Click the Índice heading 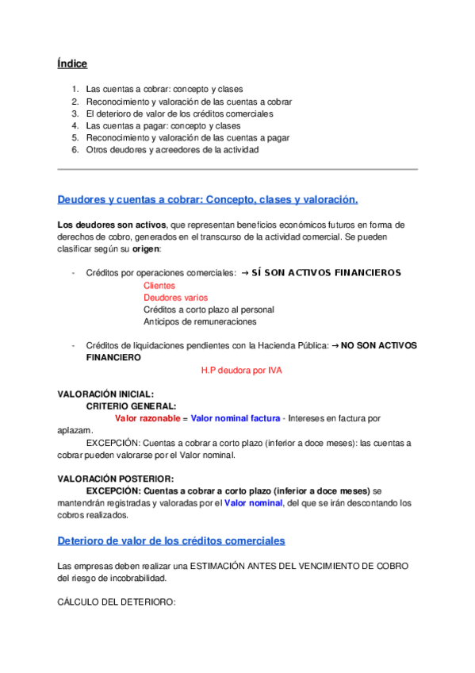pyautogui.click(x=72, y=63)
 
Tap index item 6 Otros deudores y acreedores pyautogui.click(x=172, y=149)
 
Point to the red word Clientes pyautogui.click(x=159, y=285)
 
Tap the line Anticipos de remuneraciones pyautogui.click(x=200, y=321)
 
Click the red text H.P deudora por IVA pyautogui.click(x=242, y=370)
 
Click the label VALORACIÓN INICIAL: pyautogui.click(x=106, y=394)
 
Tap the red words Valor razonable pyautogui.click(x=147, y=417)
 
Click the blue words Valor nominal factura pyautogui.click(x=236, y=417)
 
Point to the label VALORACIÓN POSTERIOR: pyautogui.click(x=116, y=479)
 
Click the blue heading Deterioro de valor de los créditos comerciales pyautogui.click(x=171, y=540)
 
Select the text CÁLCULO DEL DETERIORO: pyautogui.click(x=116, y=602)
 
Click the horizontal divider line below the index pyautogui.click(x=237, y=169)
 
